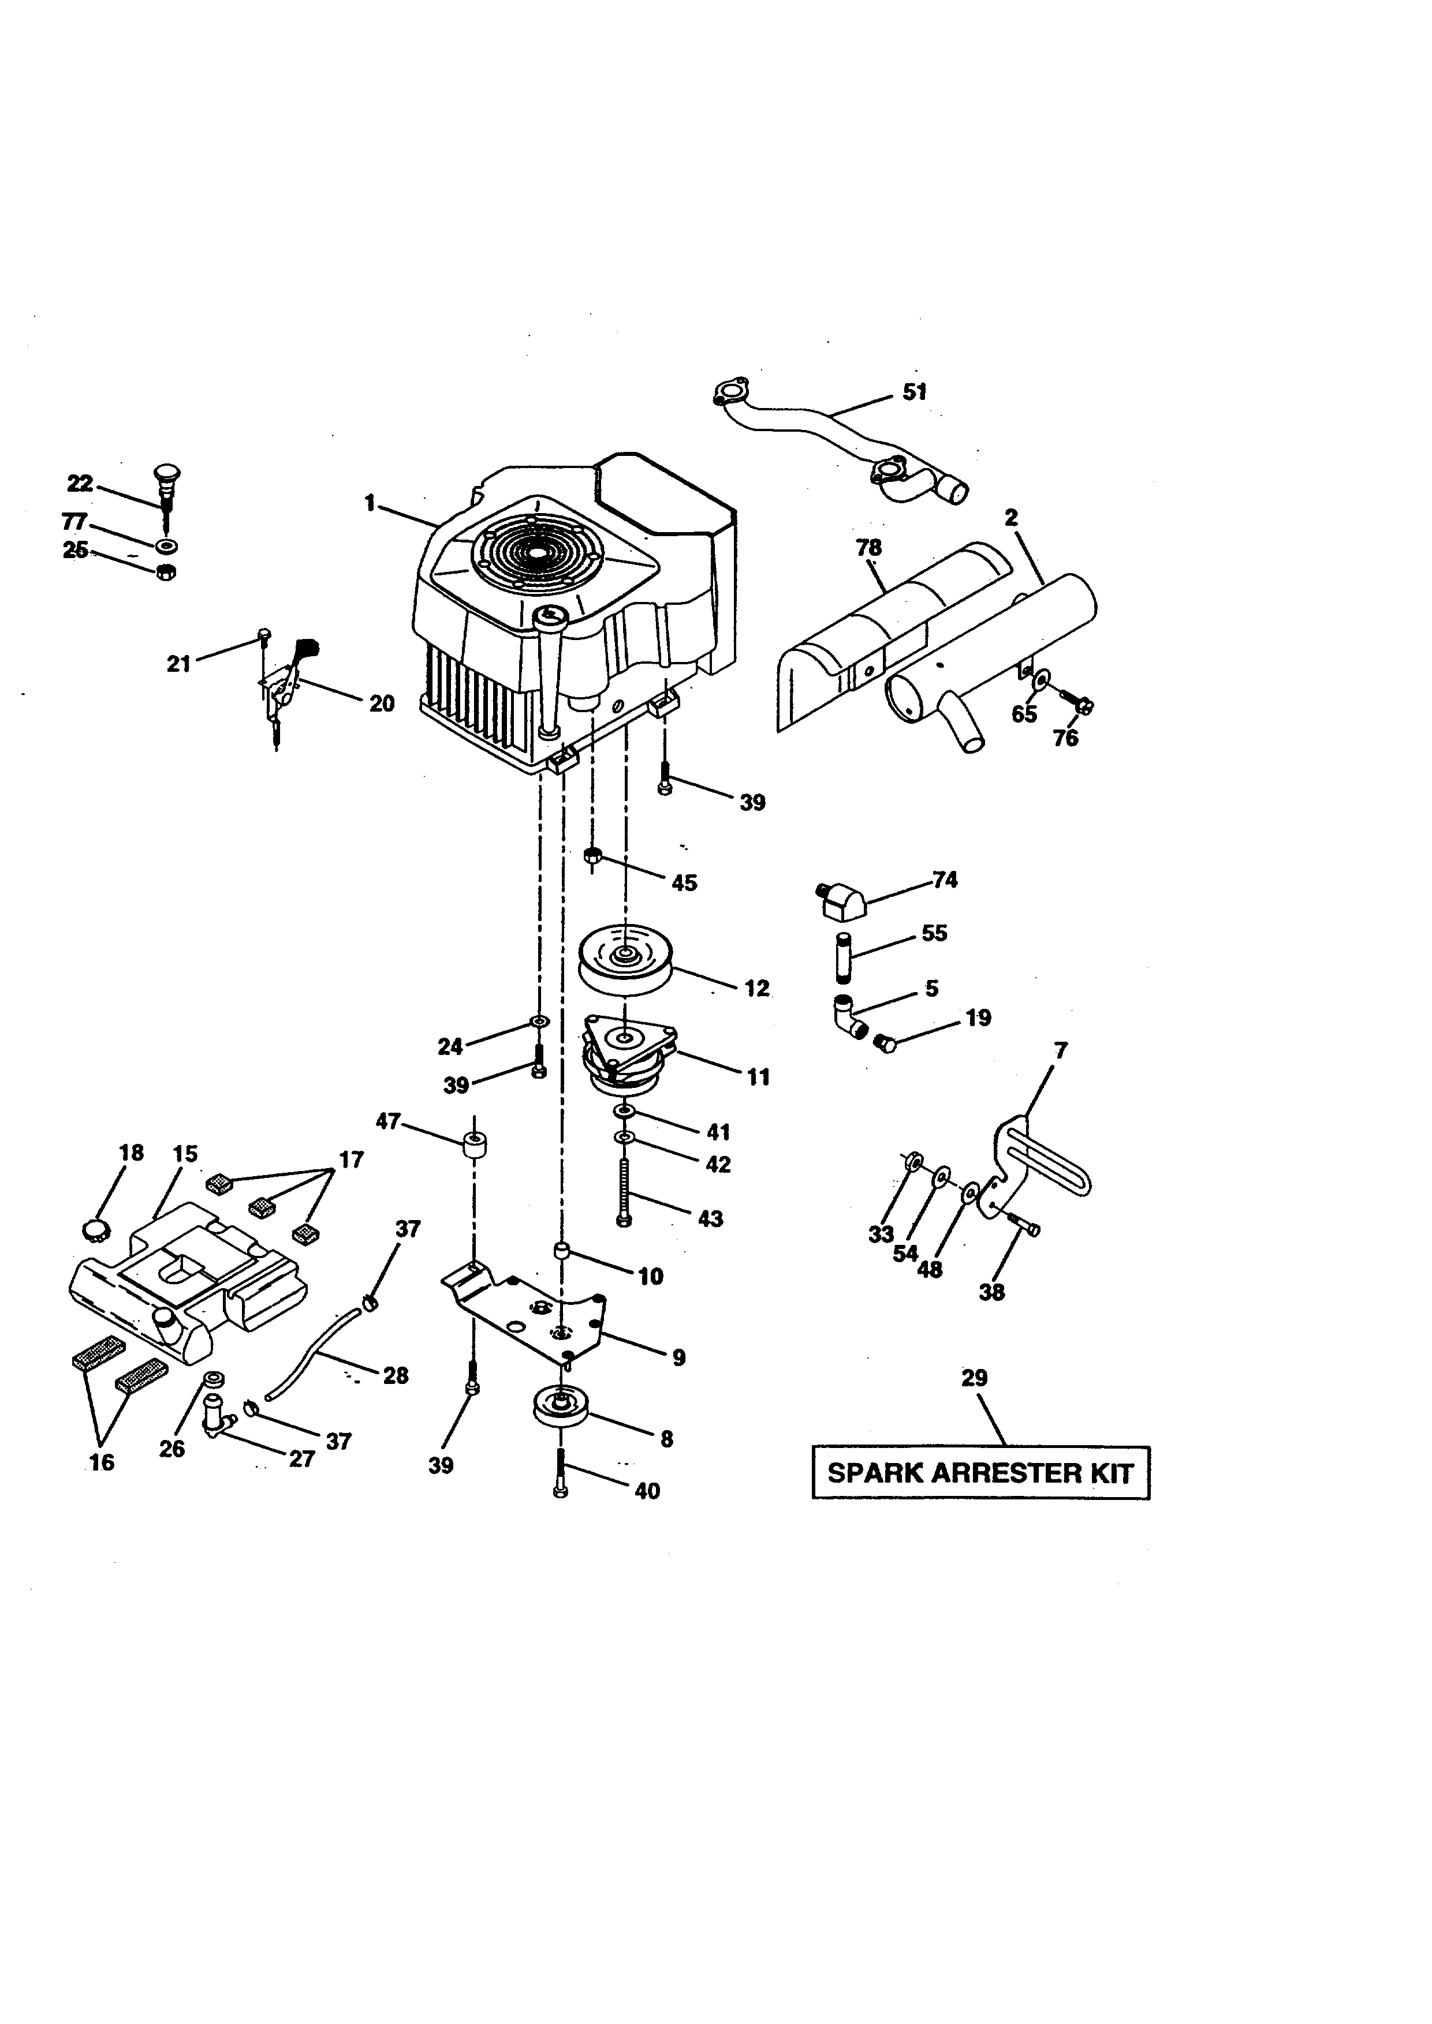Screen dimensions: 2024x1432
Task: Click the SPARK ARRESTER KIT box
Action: tap(980, 1472)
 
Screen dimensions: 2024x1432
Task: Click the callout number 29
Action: tap(974, 1378)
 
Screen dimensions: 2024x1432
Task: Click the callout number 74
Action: tap(945, 880)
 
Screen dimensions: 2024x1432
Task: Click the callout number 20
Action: tap(381, 704)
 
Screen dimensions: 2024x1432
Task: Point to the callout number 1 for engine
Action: tap(370, 503)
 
